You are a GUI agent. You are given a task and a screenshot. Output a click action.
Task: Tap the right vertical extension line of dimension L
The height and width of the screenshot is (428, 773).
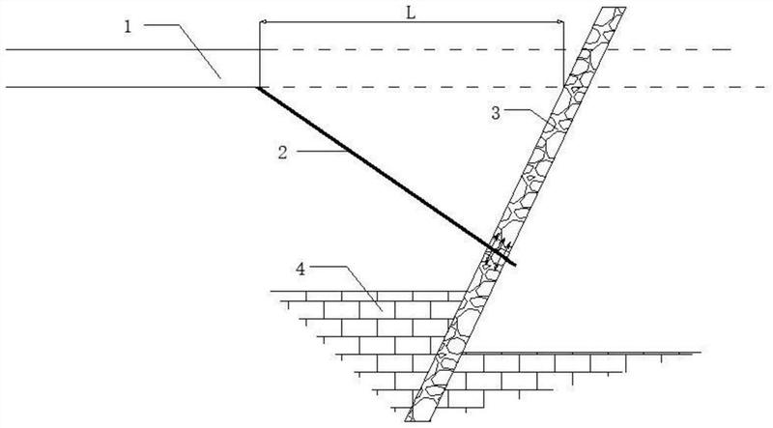[x=563, y=53]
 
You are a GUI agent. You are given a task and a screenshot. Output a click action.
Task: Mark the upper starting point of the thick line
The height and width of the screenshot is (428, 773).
[x=259, y=88]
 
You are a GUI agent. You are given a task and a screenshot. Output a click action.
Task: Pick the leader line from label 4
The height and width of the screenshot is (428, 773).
[x=358, y=286]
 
